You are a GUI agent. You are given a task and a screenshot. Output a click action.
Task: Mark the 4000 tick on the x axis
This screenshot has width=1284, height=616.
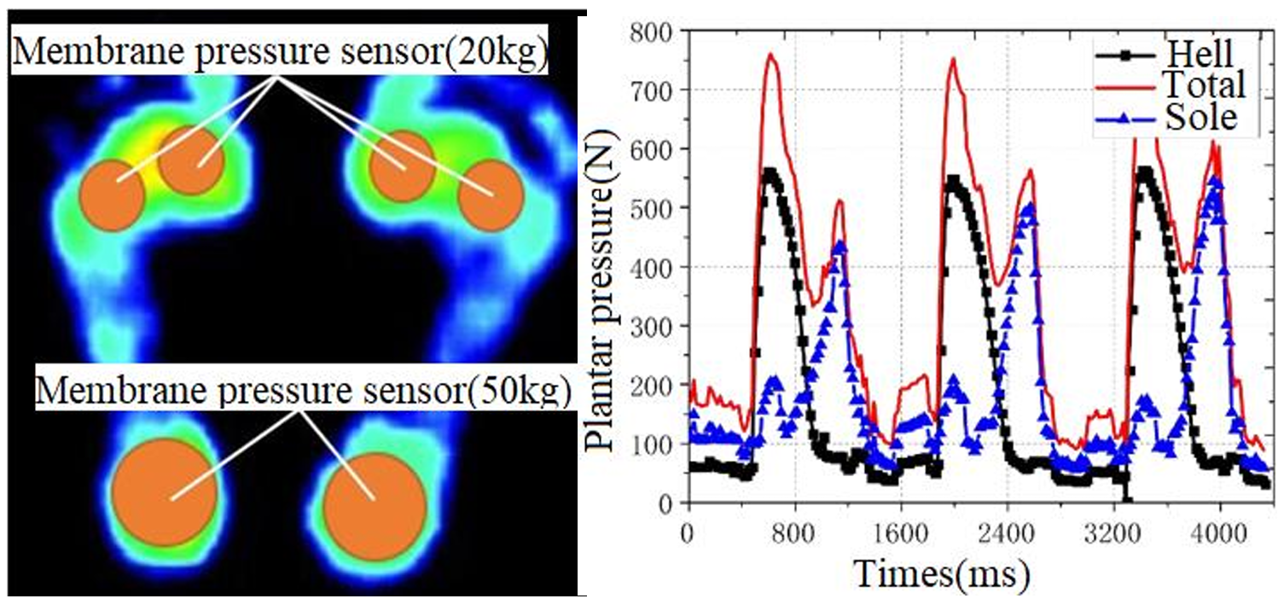1219,529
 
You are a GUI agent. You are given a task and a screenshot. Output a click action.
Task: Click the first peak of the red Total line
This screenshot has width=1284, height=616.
770,55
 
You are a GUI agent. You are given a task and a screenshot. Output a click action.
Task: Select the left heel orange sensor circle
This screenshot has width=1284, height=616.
163,492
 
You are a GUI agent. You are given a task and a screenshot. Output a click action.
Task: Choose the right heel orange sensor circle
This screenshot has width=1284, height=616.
375,503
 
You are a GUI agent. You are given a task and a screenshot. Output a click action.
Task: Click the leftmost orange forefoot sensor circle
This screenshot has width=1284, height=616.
111,195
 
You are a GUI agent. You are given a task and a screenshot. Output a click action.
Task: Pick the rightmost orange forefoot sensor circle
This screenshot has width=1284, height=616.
490,195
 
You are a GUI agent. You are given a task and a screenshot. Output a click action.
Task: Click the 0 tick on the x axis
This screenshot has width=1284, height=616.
688,529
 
